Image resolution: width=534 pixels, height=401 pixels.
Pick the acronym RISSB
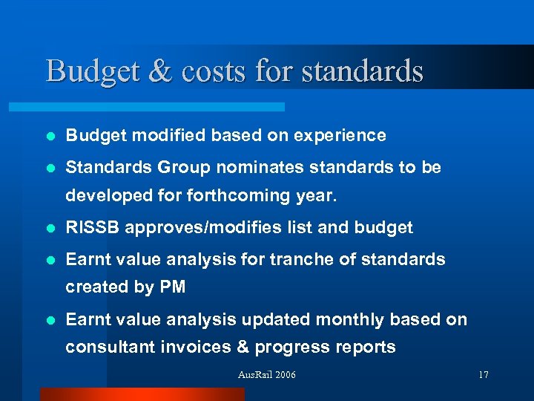93,227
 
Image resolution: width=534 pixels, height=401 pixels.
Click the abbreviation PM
171,287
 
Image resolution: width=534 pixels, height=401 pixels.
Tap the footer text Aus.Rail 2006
266,375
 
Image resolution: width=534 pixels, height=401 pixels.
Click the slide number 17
483,375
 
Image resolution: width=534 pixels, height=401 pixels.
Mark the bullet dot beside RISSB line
50,228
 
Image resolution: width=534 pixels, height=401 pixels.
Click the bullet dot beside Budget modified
50,136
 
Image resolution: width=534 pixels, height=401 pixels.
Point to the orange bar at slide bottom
141,394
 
